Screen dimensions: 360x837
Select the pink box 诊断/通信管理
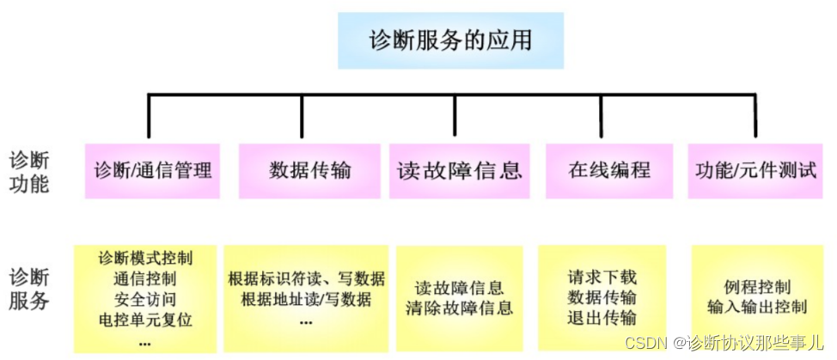[x=153, y=169]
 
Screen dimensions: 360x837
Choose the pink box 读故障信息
[x=459, y=169]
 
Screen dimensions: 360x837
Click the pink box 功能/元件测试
[x=755, y=169]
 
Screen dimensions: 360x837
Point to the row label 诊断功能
[x=29, y=171]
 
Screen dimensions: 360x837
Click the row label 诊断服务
[x=29, y=289]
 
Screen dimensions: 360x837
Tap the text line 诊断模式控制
[x=145, y=258]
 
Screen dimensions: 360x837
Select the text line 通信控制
[x=145, y=278]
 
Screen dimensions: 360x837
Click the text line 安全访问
[x=145, y=299]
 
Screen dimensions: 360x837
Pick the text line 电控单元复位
[x=145, y=320]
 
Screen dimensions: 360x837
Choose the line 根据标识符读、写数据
[x=307, y=279]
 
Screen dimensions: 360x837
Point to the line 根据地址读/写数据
[x=307, y=299]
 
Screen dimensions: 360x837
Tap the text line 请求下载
[x=602, y=278]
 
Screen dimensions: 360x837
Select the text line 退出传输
[x=602, y=318]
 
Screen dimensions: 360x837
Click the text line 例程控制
[x=757, y=287]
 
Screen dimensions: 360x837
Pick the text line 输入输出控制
[x=757, y=307]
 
